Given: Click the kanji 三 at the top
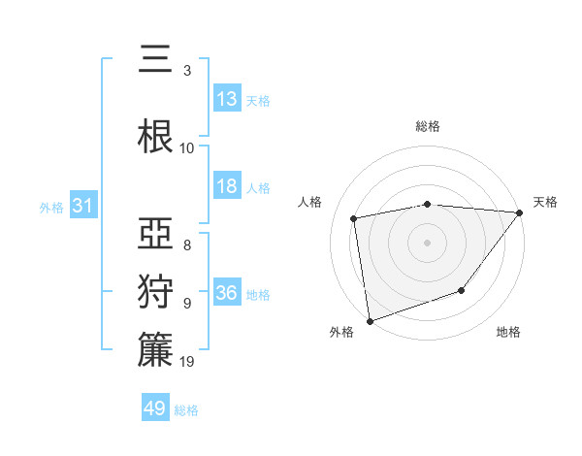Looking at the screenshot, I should point(155,60).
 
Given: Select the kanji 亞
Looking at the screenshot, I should point(155,233).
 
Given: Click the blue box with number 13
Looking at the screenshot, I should point(227,99).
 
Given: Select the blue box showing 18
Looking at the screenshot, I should point(227,187).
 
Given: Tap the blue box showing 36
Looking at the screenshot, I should point(227,293).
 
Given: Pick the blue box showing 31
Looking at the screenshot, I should point(82,206).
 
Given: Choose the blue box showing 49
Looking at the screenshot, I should point(155,408).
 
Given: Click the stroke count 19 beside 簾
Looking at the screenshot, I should point(188,362).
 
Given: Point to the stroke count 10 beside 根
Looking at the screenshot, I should point(187,148).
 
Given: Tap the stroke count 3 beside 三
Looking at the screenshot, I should point(187,71).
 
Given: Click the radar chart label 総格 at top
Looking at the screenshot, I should point(428,126).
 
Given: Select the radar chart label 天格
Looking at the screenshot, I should point(546,202).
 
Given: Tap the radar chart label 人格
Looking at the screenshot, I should point(310,202).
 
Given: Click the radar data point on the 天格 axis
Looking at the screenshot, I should point(520,212).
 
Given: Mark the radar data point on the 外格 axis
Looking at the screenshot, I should point(370,320).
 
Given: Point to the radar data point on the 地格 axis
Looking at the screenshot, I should point(463,290).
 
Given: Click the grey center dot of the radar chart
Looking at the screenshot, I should point(428,242).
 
